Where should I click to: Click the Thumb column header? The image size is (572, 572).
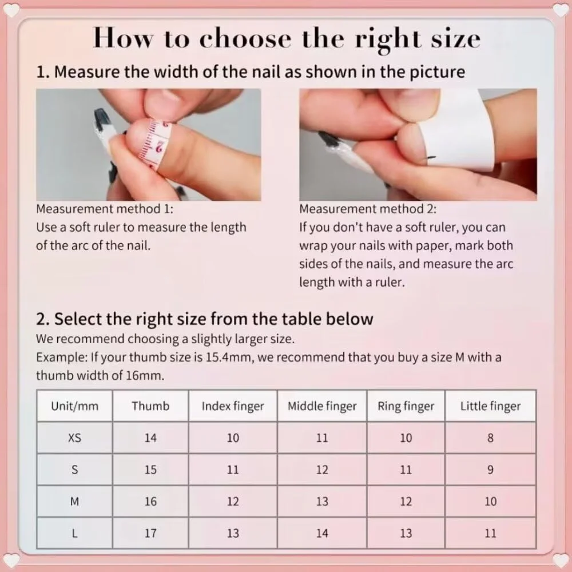click(x=150, y=406)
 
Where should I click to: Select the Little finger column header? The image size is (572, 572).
click(x=490, y=406)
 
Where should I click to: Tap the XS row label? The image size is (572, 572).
click(x=74, y=438)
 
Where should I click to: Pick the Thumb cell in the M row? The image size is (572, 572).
click(x=150, y=501)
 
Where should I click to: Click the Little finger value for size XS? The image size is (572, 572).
click(x=490, y=438)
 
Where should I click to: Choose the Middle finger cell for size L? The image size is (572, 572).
click(x=322, y=533)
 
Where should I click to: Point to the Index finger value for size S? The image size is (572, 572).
click(x=233, y=470)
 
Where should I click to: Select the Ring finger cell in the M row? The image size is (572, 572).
click(x=406, y=501)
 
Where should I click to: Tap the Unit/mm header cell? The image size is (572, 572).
click(x=74, y=406)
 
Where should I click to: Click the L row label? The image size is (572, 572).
click(x=74, y=533)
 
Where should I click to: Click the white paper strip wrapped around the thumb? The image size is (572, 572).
click(x=452, y=132)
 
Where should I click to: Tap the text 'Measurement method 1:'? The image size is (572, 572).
click(x=105, y=209)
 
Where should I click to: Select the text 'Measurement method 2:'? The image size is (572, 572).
click(x=368, y=209)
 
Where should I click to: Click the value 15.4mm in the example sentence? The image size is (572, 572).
click(x=229, y=357)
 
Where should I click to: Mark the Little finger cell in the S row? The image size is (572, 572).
click(x=490, y=470)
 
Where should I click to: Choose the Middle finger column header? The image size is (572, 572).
click(x=322, y=406)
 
